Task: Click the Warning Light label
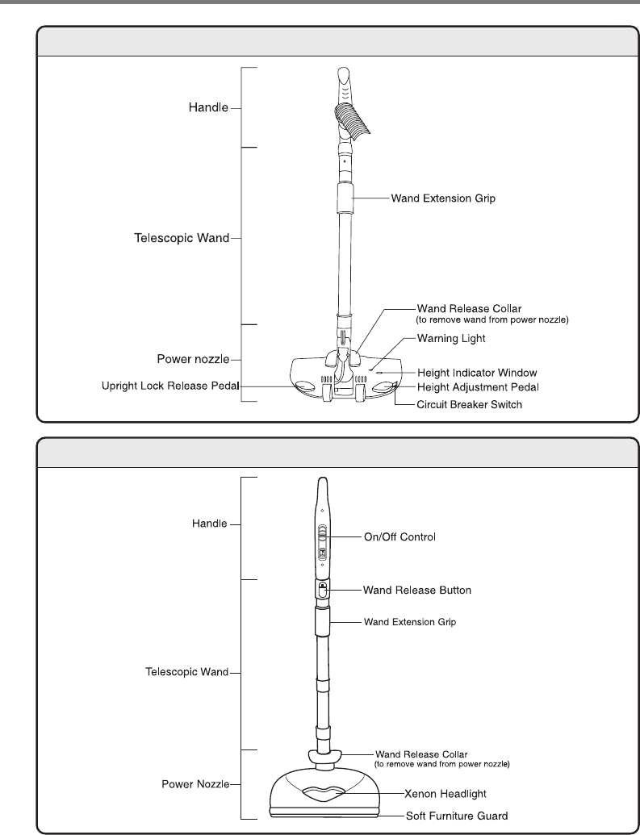click(x=451, y=340)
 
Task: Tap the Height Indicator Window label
click(x=475, y=373)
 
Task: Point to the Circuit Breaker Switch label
click(x=469, y=404)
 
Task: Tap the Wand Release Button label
click(x=416, y=591)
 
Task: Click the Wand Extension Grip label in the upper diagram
click(x=443, y=197)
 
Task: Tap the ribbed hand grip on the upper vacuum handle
click(x=349, y=121)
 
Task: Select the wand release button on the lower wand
click(x=322, y=591)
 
